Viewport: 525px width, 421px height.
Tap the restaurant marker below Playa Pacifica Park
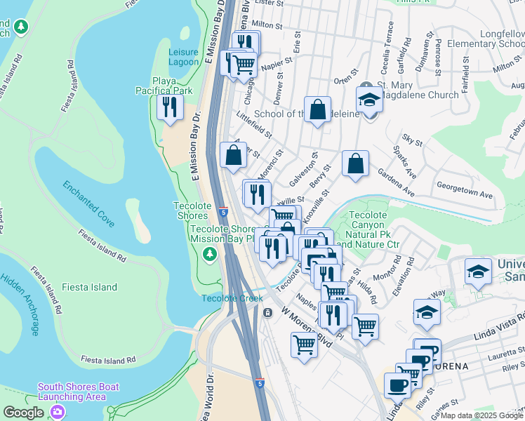[169, 107]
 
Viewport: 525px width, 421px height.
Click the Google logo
[24, 413]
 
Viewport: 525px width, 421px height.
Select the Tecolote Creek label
[232, 298]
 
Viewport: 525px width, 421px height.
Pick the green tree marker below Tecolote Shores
[209, 254]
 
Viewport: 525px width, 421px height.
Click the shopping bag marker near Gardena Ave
[356, 164]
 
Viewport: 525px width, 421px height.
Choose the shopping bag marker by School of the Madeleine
[317, 109]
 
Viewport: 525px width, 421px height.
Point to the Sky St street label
[412, 142]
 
